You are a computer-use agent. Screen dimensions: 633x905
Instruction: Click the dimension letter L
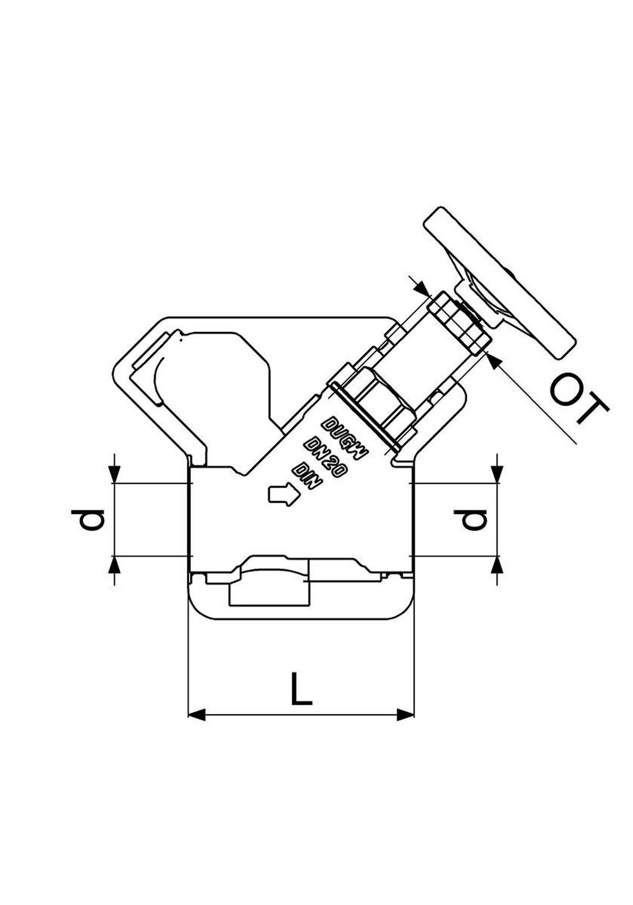[x=301, y=688]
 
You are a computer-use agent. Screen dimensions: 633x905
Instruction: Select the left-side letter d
[x=88, y=520]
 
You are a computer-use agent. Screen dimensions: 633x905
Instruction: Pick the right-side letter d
[x=472, y=520]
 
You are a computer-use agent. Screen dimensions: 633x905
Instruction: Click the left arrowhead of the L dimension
[x=197, y=715]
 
